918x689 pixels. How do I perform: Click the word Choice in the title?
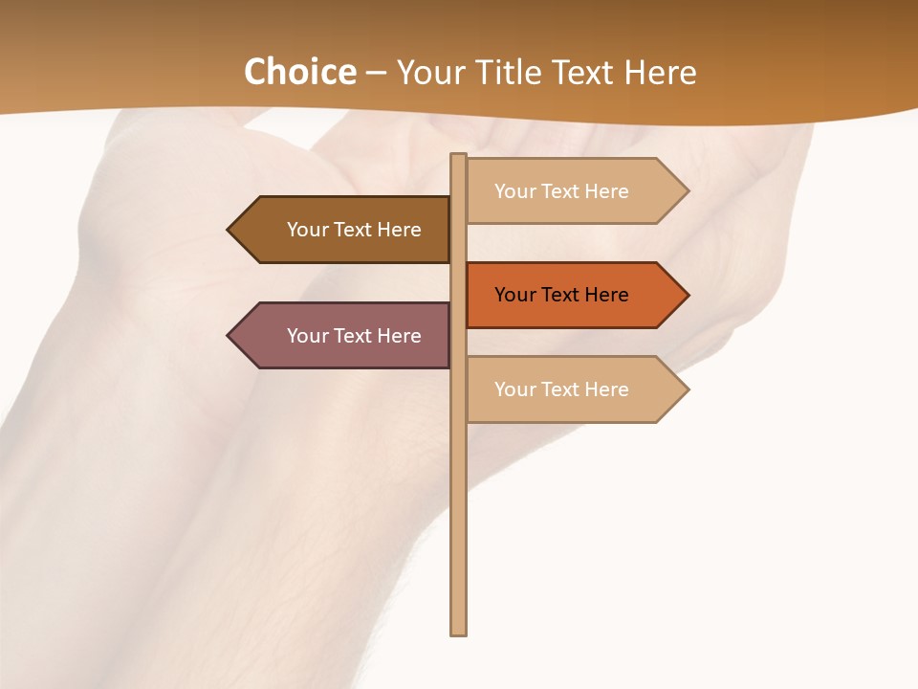[299, 72]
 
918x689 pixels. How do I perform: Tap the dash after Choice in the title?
[376, 73]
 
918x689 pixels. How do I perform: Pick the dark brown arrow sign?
[344, 230]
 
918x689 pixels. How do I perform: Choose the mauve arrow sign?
[344, 336]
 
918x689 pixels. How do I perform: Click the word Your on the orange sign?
[514, 295]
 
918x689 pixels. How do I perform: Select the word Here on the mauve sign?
[399, 336]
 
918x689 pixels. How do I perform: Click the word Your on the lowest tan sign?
[514, 389]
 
